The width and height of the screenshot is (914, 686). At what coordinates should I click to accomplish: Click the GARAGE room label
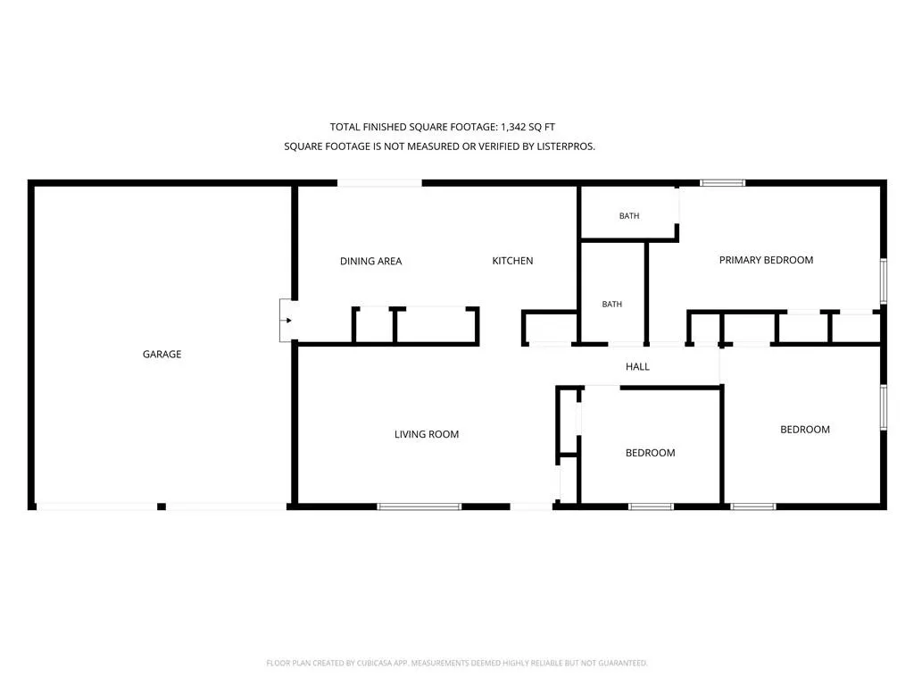point(162,354)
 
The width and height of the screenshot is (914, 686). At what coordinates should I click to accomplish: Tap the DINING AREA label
point(370,262)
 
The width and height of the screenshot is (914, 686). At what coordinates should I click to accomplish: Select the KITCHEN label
point(512,261)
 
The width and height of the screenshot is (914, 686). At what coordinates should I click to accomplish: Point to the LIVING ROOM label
point(427,434)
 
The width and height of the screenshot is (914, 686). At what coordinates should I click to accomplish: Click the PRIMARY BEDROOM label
point(766,260)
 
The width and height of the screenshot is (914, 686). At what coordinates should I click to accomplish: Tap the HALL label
point(637,366)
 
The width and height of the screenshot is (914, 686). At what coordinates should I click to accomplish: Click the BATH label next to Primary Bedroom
point(629,216)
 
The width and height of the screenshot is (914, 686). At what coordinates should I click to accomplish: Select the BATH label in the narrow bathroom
point(612,304)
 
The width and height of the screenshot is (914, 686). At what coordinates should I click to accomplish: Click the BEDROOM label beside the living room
point(650,453)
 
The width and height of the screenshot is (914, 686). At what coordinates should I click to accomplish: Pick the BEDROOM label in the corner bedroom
point(805,430)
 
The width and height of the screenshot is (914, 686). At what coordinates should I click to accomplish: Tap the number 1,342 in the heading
point(513,127)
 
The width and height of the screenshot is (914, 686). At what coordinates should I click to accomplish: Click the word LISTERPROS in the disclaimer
point(565,146)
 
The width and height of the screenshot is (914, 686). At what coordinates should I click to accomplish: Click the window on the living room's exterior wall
point(420,506)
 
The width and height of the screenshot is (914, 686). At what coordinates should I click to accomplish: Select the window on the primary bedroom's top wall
point(722,183)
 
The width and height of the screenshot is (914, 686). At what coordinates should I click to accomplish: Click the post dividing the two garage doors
point(162,506)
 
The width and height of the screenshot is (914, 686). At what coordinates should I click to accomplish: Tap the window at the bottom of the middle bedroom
point(651,506)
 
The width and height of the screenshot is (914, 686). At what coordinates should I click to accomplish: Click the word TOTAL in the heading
point(345,127)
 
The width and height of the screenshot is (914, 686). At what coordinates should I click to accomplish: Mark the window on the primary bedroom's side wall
point(883,281)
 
